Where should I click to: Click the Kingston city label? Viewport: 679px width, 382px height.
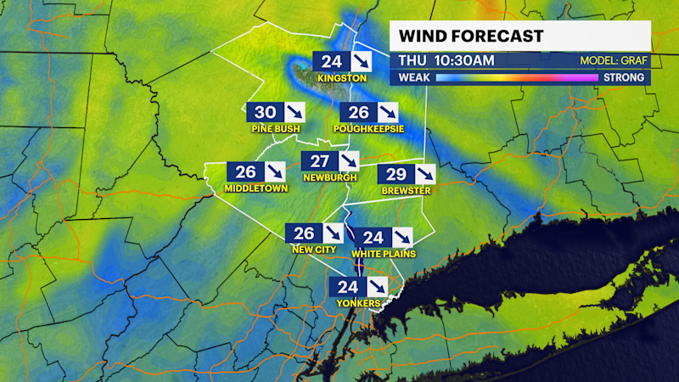pos(342,78)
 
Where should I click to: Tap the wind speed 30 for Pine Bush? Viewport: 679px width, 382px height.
pos(266,112)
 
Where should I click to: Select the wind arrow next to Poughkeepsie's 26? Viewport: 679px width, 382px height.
pos(386,112)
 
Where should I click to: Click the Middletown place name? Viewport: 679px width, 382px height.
pos(256,188)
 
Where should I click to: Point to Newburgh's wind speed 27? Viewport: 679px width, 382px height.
pos(319,161)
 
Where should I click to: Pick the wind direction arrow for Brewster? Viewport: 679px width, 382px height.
pos(424,174)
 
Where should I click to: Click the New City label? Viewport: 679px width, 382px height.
pos(315,250)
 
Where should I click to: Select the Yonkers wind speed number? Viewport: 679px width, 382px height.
pos(348,286)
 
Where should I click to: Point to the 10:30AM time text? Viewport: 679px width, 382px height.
pos(463,61)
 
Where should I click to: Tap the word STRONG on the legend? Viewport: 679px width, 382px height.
pos(624,77)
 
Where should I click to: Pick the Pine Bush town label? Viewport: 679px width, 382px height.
pos(276,129)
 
